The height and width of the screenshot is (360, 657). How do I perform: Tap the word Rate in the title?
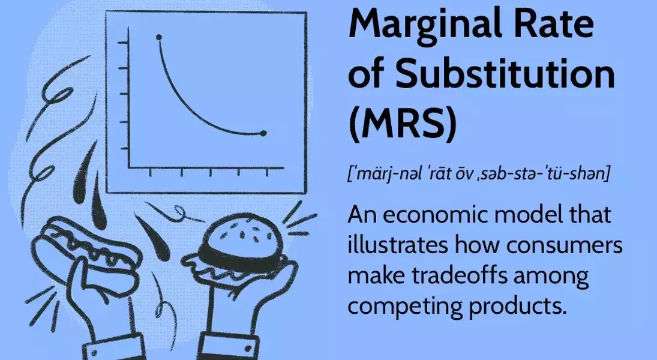[x=562, y=27]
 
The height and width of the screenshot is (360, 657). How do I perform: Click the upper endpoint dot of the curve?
[x=159, y=38]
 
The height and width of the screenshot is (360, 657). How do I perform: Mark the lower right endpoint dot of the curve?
[x=263, y=133]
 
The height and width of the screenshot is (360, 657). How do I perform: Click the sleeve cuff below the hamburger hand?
[x=227, y=346]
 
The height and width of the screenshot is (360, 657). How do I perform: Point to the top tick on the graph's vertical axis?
[x=123, y=43]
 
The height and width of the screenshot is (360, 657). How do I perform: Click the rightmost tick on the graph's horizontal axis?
[x=267, y=173]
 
